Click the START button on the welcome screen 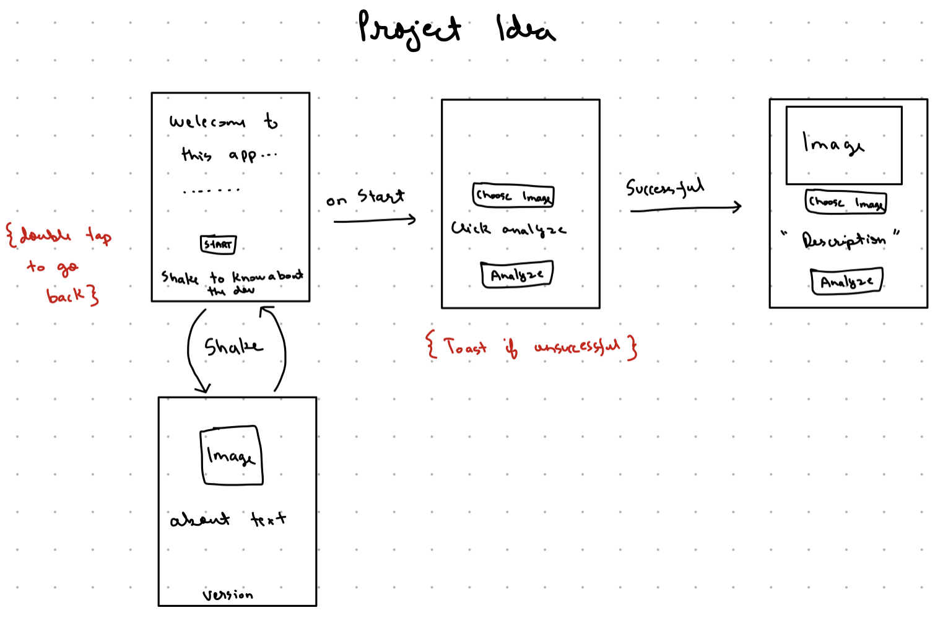click(218, 244)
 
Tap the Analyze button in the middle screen click(517, 274)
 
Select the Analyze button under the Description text click(846, 282)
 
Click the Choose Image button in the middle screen click(513, 196)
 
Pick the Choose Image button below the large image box click(846, 202)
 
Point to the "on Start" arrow click(375, 219)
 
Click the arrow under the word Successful click(685, 209)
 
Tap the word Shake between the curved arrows click(233, 347)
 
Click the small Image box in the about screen click(232, 456)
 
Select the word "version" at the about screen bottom click(227, 595)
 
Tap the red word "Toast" click(465, 346)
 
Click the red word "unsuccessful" click(577, 346)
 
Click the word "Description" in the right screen click(843, 240)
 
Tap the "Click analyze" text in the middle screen click(508, 229)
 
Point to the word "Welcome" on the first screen click(207, 121)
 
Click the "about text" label click(228, 519)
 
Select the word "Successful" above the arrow click(665, 187)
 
